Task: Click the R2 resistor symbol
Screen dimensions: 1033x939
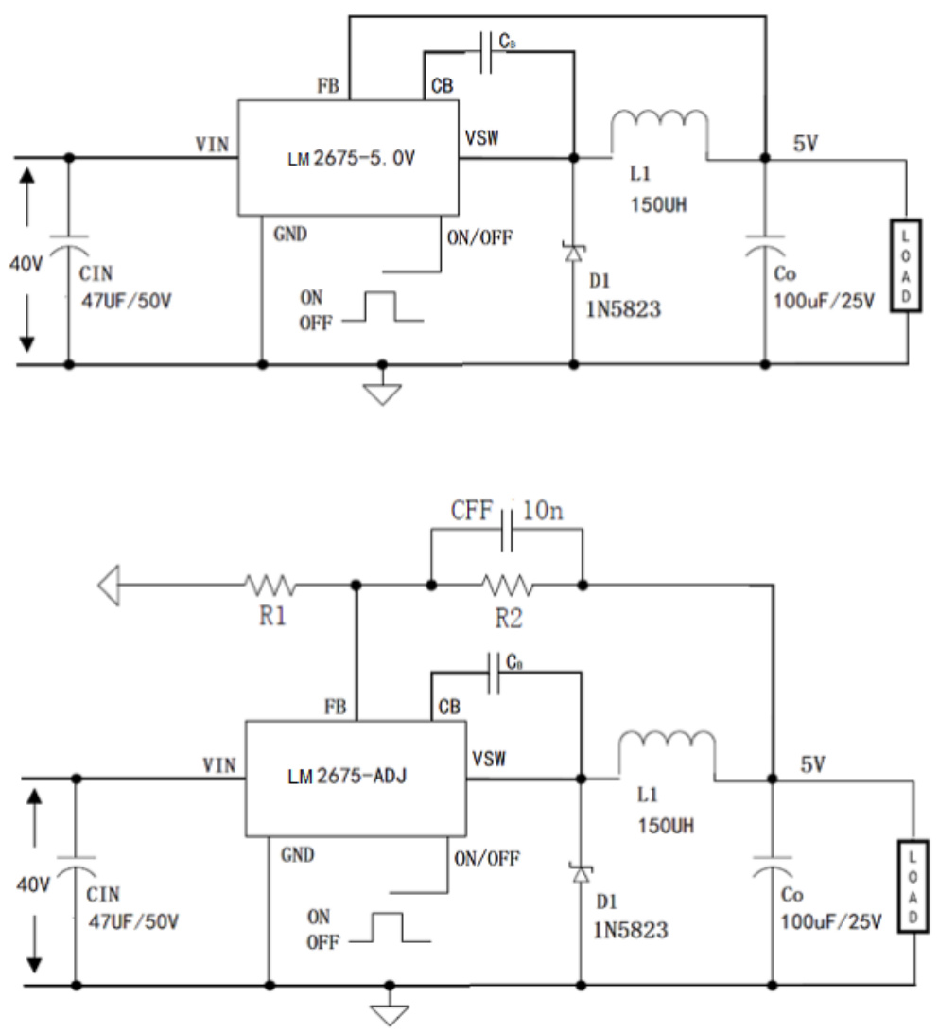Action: tap(506, 587)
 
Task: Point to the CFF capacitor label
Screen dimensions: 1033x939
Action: tap(470, 513)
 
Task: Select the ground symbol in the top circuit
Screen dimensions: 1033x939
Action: tap(382, 391)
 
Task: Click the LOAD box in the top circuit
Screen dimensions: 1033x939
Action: tap(905, 265)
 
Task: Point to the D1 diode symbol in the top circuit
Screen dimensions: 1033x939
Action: tap(573, 252)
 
